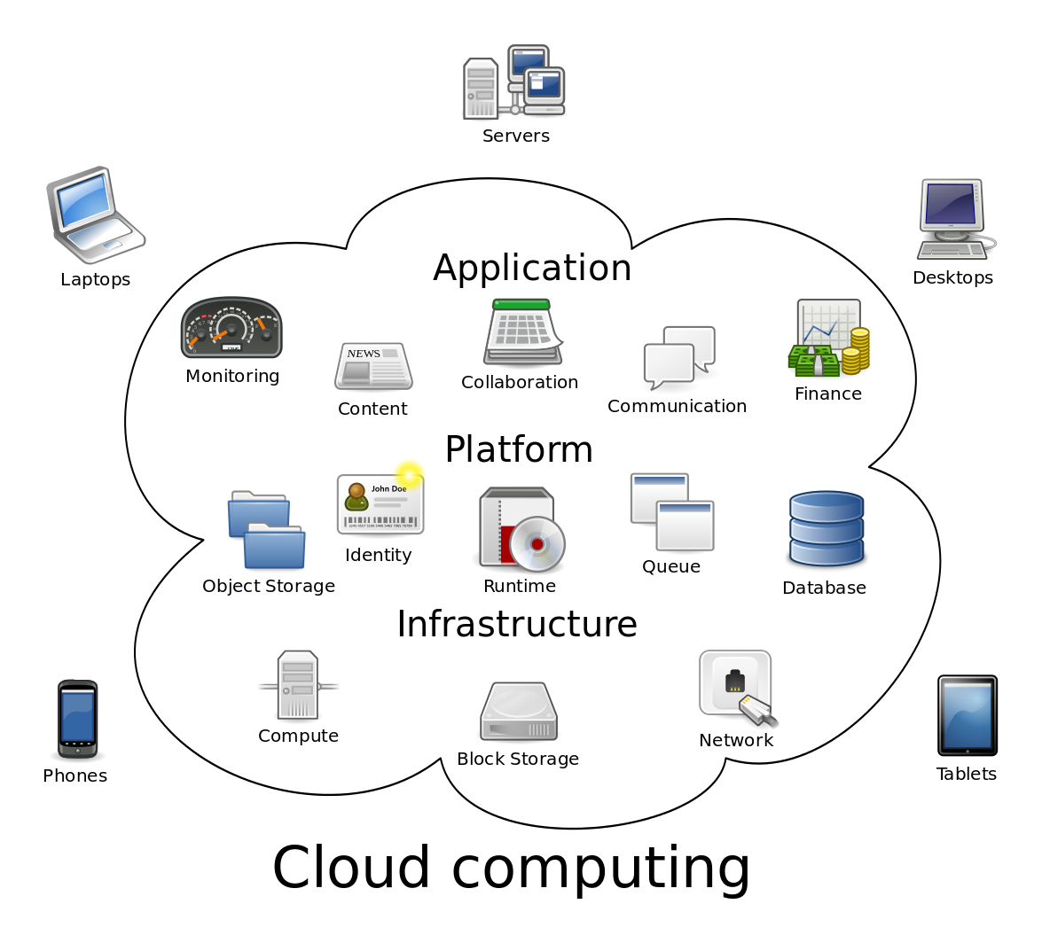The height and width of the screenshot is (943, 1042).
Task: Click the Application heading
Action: pos(532,269)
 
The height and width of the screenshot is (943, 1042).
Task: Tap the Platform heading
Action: pos(519,450)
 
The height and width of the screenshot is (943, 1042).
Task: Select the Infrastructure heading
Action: pos(516,625)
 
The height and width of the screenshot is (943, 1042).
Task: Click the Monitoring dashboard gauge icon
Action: pos(231,327)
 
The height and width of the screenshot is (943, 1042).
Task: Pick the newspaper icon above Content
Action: pos(373,366)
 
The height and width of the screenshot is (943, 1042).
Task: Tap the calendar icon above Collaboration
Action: pos(522,331)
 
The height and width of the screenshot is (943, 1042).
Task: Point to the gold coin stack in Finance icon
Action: pos(856,349)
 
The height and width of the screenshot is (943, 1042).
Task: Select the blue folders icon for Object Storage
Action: pos(266,529)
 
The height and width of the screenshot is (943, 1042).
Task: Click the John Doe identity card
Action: pos(380,504)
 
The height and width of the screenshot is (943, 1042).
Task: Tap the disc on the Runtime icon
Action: pos(537,543)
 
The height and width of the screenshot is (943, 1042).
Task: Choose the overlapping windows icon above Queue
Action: pos(672,512)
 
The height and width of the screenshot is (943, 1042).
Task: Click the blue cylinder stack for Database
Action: pos(826,528)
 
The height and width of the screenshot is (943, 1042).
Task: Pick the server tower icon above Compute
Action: pos(297,685)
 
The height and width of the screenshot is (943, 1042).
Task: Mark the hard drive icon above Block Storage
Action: pos(519,712)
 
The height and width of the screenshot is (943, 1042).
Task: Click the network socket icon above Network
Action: pos(735,685)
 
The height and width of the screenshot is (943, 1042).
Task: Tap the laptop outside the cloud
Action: pos(95,214)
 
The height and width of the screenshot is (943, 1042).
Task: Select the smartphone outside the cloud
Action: pos(78,718)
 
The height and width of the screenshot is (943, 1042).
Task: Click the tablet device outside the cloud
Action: pos(967,715)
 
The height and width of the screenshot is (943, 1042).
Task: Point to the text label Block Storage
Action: pos(518,760)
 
